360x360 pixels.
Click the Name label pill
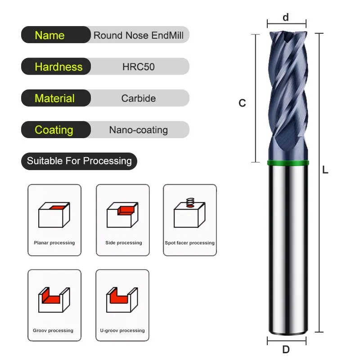(x=50, y=36)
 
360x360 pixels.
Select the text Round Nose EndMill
(x=138, y=36)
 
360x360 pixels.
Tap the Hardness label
(x=58, y=67)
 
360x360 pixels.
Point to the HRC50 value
(x=138, y=67)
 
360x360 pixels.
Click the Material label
(x=54, y=99)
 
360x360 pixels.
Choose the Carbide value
(x=138, y=99)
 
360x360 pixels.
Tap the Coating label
(x=54, y=130)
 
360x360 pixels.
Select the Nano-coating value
(x=138, y=130)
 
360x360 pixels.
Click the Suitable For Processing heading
(x=79, y=161)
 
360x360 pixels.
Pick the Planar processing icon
(x=54, y=215)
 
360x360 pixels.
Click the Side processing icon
(x=123, y=215)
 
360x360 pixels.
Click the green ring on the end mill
(x=288, y=163)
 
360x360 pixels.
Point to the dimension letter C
(x=242, y=103)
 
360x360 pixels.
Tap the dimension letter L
(x=325, y=170)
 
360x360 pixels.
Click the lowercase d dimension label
(x=286, y=18)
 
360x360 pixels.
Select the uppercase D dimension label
(x=286, y=350)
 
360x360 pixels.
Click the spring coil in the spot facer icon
(x=189, y=201)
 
